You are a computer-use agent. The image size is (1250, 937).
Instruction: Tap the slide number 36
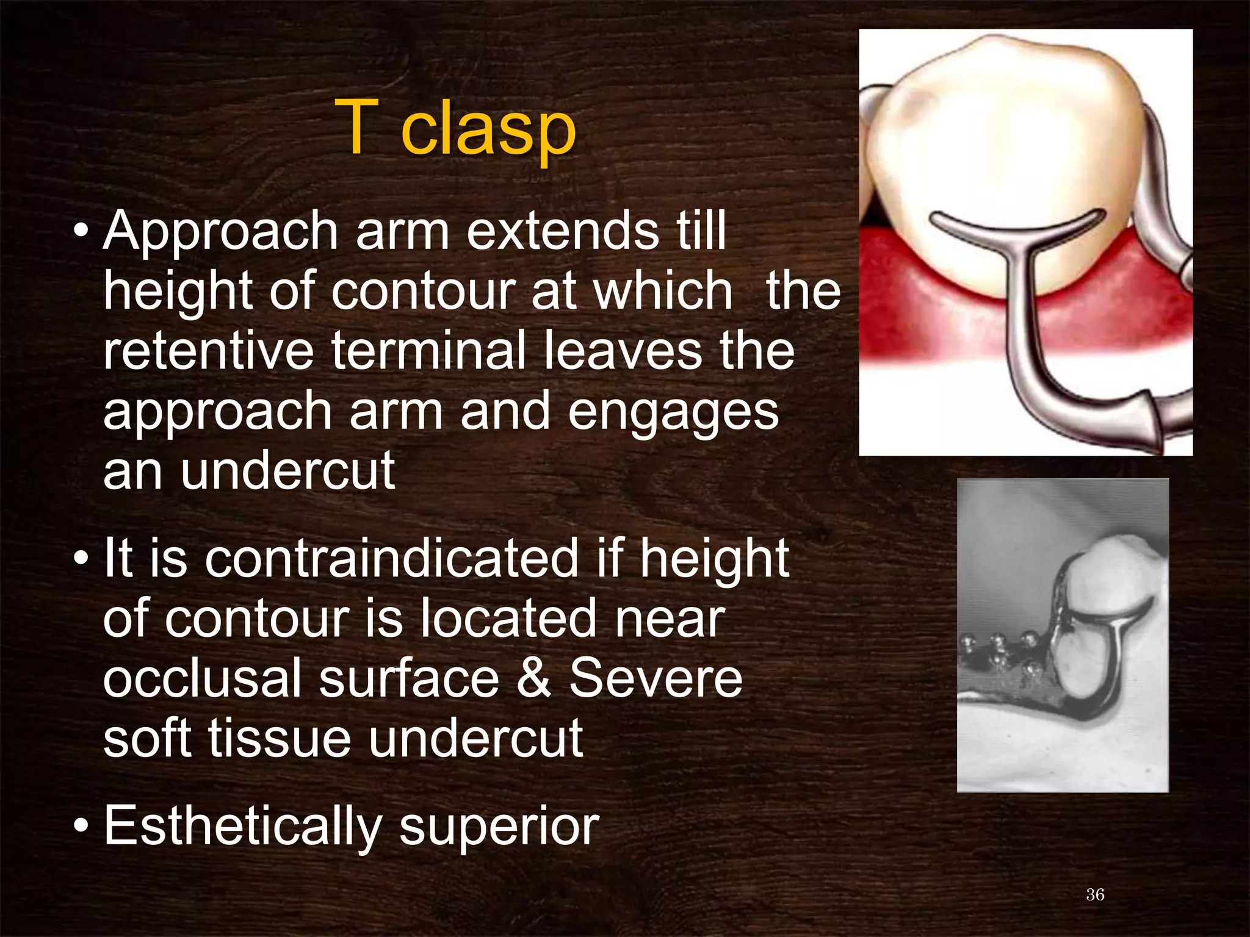(1095, 894)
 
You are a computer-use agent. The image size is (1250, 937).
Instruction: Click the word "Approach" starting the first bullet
(220, 231)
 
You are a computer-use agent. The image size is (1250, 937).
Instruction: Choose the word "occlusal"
(202, 678)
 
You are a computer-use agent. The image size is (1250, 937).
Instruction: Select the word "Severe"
(656, 678)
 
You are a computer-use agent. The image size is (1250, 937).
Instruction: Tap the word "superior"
(499, 827)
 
